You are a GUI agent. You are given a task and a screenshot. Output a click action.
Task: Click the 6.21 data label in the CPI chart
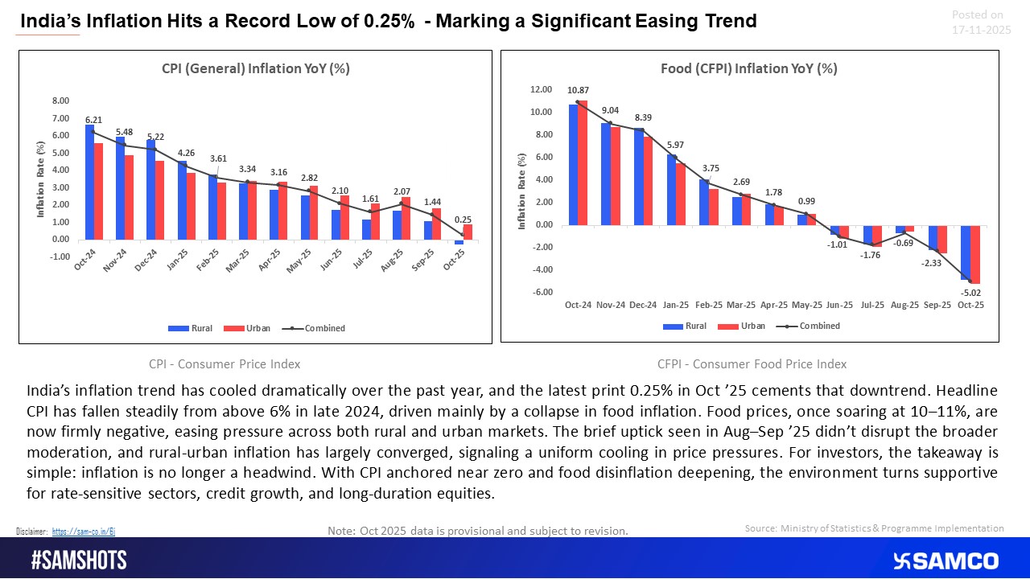coord(93,119)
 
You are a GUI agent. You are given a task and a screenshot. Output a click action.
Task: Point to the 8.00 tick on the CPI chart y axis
coord(60,101)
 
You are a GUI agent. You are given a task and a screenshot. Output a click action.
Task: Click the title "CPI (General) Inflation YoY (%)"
coord(254,68)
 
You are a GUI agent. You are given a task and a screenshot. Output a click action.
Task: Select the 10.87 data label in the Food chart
coord(578,90)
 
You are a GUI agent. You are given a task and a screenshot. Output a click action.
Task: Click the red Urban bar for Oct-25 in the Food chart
coord(974,254)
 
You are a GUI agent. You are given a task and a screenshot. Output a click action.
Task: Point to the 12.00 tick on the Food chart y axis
coord(541,89)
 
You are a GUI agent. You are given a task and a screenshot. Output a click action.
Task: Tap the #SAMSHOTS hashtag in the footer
coord(78,561)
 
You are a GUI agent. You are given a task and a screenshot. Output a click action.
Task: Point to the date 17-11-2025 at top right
coord(976,29)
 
